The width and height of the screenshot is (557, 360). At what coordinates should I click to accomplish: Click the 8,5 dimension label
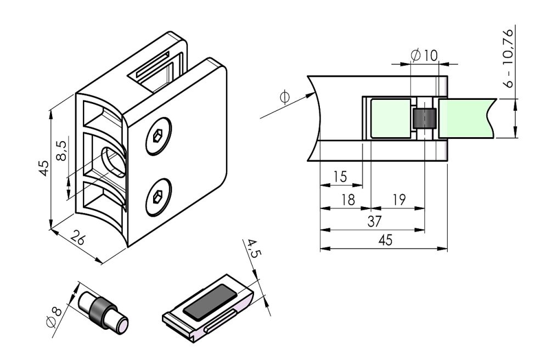[61, 151]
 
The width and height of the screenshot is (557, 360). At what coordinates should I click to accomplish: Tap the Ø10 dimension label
[424, 54]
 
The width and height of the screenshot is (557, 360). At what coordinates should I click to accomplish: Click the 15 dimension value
[340, 177]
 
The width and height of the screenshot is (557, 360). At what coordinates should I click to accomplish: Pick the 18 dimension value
[347, 200]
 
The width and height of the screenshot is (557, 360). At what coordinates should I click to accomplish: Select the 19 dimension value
[399, 200]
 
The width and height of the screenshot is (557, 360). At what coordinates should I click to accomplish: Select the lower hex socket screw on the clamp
[158, 195]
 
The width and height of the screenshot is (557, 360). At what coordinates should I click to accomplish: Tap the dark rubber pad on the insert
[211, 302]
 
